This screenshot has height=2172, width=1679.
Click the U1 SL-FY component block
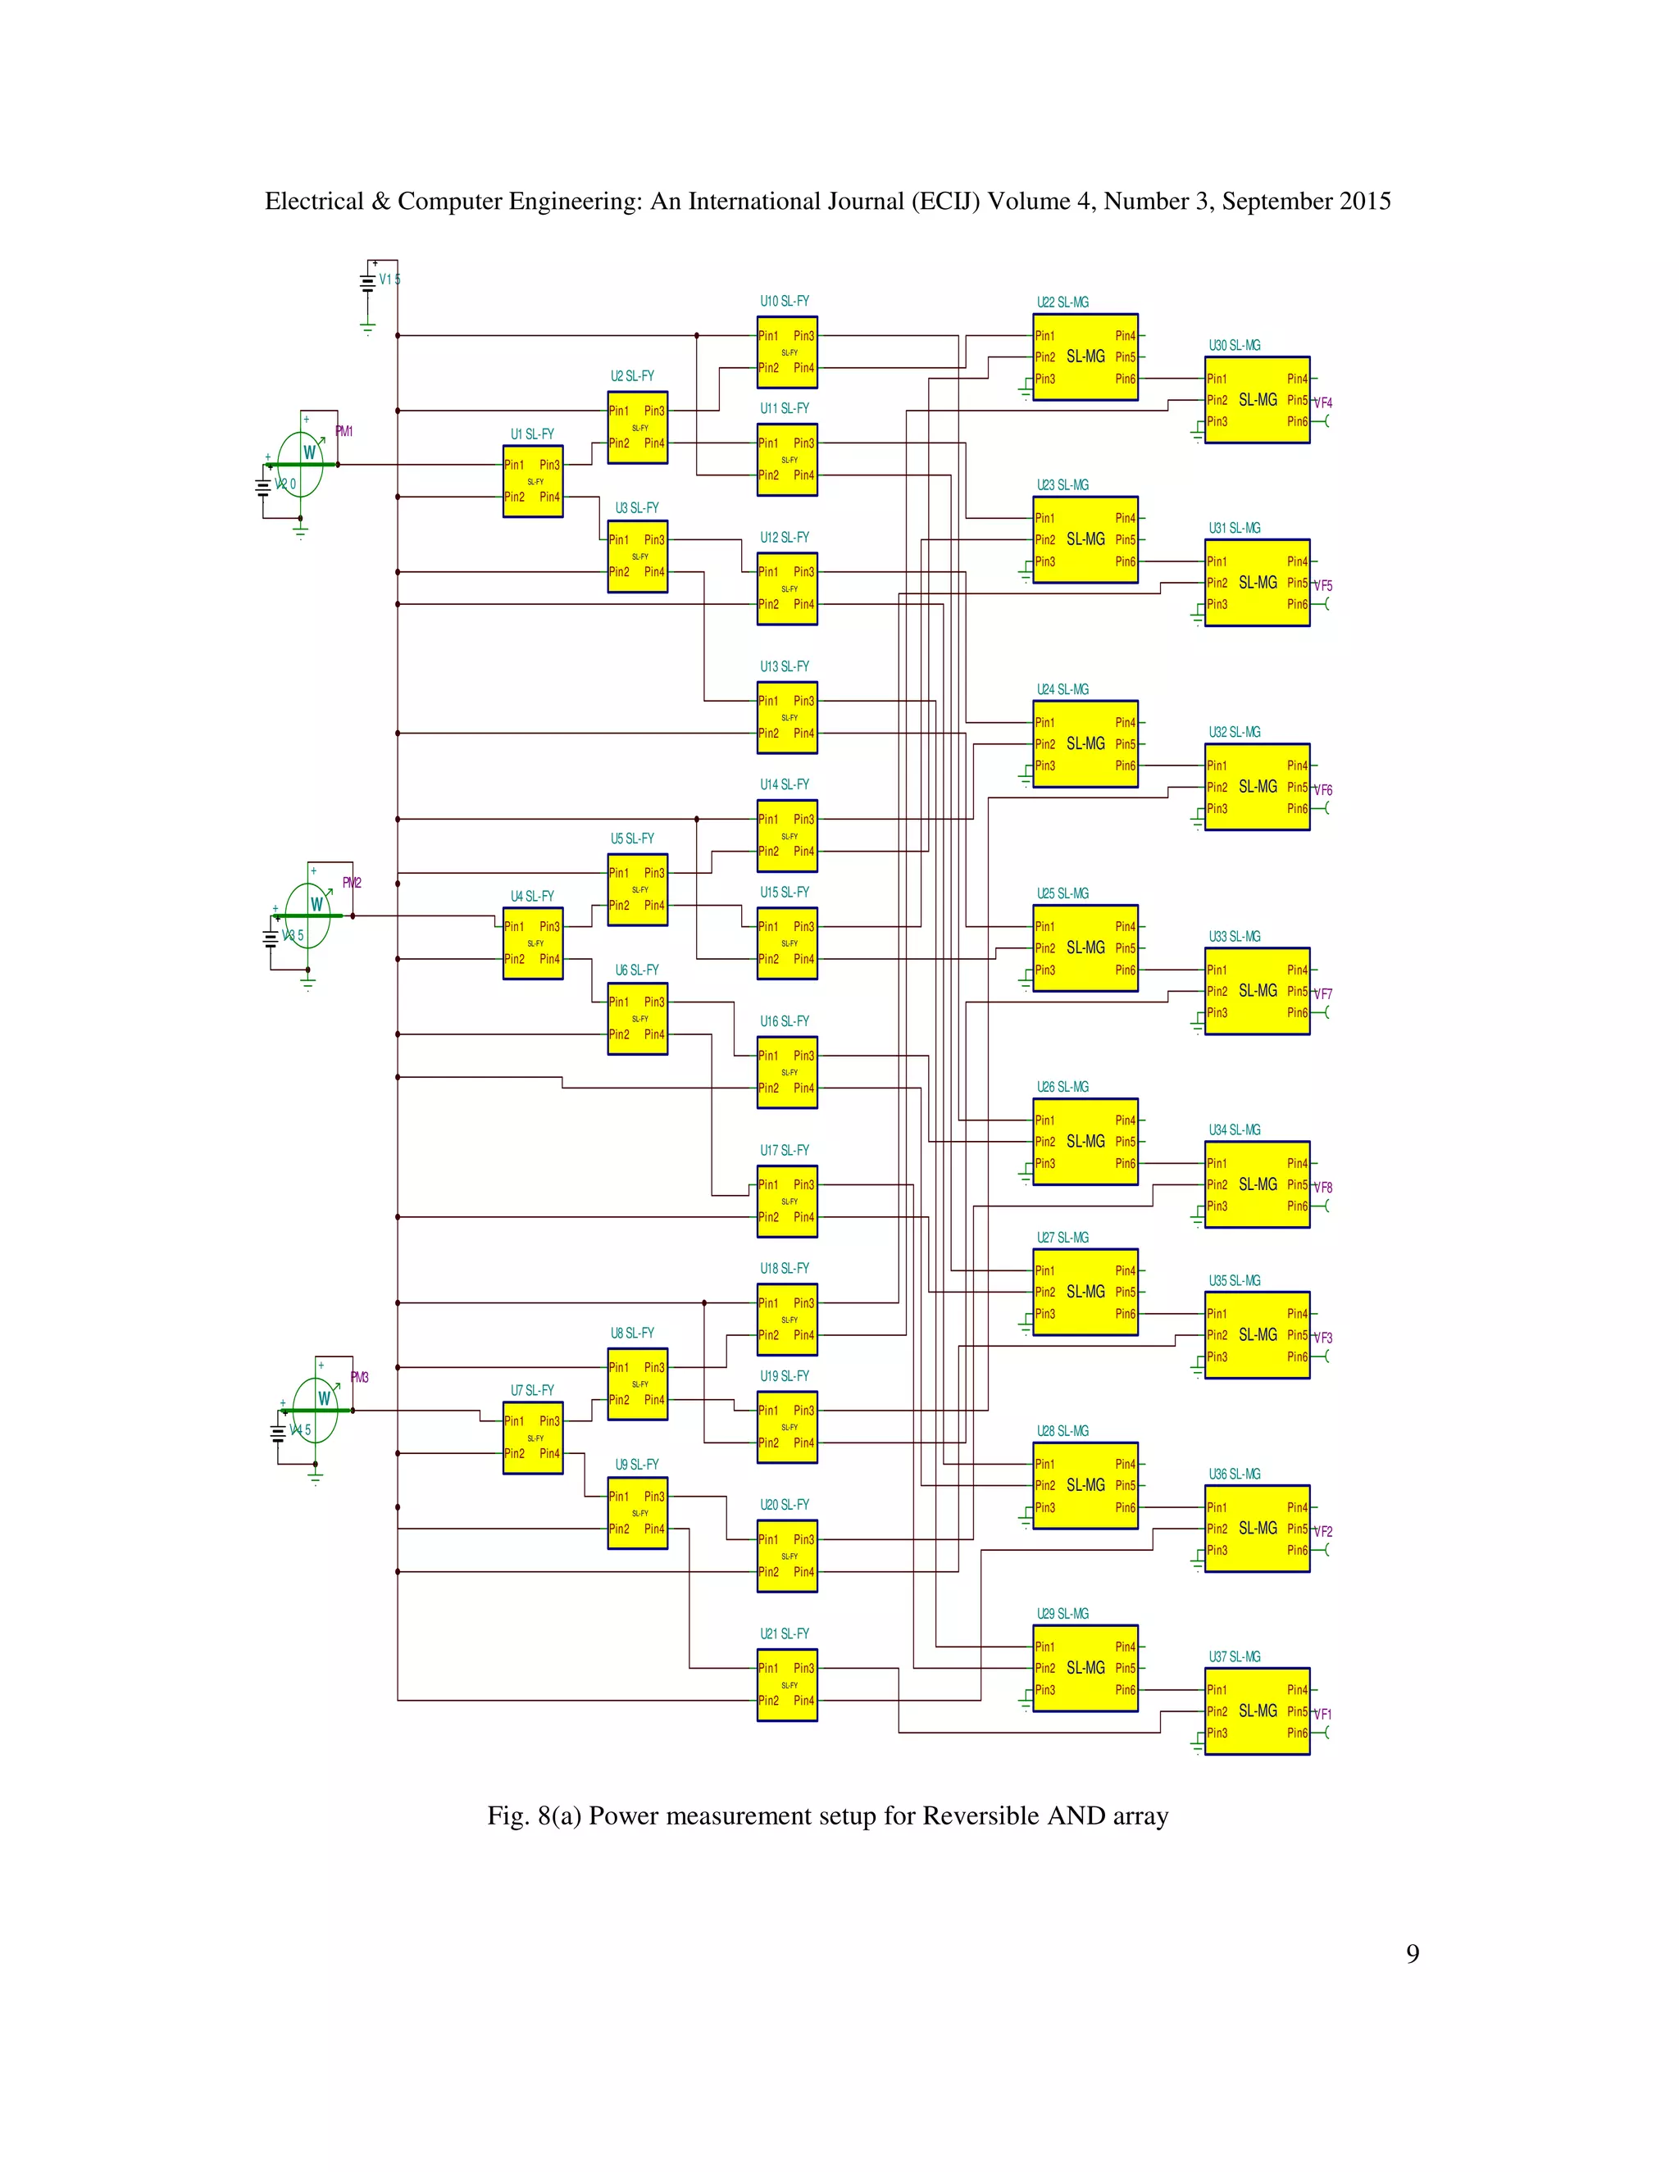532,480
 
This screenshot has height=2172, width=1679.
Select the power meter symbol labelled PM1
300,463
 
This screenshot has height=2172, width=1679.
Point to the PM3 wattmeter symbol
316,1409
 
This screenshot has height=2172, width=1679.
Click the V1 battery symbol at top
368,281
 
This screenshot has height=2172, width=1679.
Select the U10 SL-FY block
787,352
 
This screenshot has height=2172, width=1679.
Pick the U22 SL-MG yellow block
1085,357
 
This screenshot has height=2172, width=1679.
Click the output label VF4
1323,402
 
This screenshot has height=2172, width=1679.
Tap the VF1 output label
1323,1714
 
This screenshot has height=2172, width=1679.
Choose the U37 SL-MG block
1258,1711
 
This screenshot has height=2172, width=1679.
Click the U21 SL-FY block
787,1684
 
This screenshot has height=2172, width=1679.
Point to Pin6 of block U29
1125,1690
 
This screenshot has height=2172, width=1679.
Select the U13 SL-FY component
787,717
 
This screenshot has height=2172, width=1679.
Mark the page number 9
1412,1954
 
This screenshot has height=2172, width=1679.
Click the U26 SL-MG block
1085,1142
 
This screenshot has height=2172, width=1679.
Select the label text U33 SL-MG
1235,937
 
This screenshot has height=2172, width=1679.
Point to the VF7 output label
1323,993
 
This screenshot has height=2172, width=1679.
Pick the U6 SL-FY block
638,1018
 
